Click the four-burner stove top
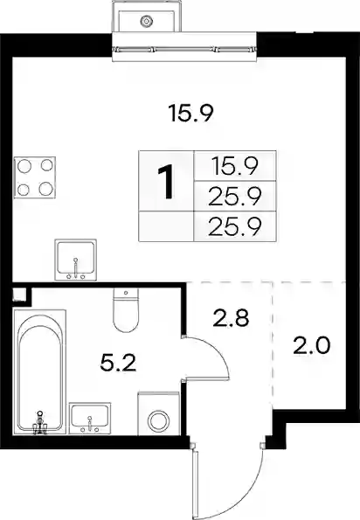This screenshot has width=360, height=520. pos(35,177)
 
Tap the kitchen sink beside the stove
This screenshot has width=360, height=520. pos(75,260)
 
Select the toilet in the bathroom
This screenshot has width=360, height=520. pos(126,310)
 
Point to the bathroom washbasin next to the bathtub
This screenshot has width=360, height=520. pos(90,418)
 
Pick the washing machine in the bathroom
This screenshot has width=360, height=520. pos(158,413)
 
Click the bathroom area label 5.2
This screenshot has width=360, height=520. pos(118,364)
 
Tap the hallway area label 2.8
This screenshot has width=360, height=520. pos(231,318)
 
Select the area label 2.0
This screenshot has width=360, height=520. pos(312,345)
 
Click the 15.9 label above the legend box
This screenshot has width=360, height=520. pos(190,113)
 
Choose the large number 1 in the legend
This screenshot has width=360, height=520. pos(166,182)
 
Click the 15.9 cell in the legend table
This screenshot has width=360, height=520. pos(235,166)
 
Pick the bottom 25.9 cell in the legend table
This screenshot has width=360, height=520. pos(235,226)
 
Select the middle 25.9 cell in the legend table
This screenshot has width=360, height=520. pos(235,197)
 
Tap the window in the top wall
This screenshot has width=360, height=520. pos(184,47)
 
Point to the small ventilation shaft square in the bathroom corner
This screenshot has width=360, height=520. pos(19,295)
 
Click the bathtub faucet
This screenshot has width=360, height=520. pos(40,422)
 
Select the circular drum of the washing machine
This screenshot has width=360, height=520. pos(158,421)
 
